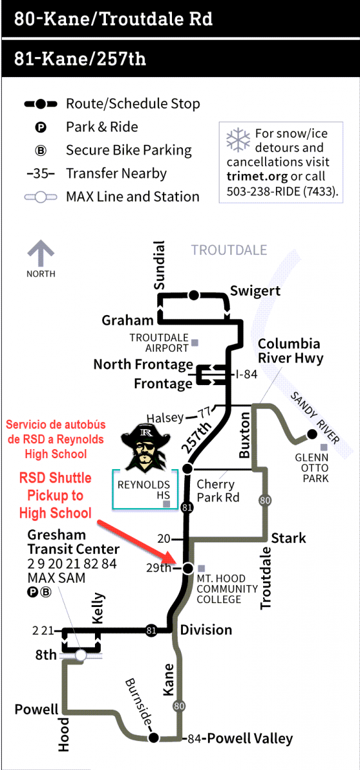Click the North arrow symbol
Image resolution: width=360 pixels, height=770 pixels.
click(41, 253)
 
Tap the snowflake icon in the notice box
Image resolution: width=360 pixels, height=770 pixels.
click(238, 140)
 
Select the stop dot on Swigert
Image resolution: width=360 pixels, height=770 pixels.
click(194, 295)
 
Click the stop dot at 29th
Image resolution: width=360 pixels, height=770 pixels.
click(188, 569)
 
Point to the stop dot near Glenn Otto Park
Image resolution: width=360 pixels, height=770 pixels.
click(312, 434)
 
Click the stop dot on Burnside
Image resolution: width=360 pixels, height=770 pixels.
click(153, 737)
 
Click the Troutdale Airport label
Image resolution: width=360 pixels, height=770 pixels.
click(159, 343)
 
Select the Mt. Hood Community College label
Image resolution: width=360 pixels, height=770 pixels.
click(227, 589)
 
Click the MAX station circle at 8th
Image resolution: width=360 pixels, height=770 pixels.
click(81, 655)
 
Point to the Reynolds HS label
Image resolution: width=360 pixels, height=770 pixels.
click(144, 490)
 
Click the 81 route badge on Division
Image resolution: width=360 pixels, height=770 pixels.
click(151, 630)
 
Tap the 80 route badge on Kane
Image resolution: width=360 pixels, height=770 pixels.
click(179, 706)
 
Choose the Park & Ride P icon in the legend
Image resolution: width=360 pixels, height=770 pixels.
click(40, 128)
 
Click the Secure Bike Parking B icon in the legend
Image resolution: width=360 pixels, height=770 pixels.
click(40, 151)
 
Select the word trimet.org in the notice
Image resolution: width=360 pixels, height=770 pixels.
click(257, 176)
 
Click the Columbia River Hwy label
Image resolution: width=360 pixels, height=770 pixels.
click(291, 350)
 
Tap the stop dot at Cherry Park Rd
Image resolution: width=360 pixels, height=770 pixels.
click(187, 468)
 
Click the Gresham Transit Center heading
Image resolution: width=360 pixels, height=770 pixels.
click(74, 542)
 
